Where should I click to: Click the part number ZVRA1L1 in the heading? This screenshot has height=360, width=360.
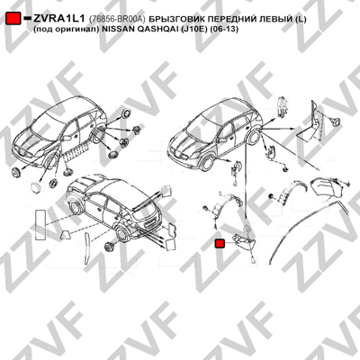[x=59, y=19]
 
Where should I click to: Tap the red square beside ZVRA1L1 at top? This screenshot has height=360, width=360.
[x=13, y=19]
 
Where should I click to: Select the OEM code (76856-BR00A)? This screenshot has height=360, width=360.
[x=117, y=19]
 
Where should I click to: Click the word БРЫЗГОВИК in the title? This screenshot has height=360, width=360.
[x=172, y=19]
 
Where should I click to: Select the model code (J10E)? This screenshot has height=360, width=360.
[x=194, y=30]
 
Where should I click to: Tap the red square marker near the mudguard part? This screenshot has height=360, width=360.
[x=220, y=244]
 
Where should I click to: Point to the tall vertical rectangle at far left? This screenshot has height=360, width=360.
[x=40, y=225]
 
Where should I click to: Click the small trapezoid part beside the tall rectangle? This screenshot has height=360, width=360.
[x=66, y=235]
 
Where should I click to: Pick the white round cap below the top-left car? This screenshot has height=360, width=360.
[x=35, y=186]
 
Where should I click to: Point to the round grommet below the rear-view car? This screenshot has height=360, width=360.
[x=108, y=246]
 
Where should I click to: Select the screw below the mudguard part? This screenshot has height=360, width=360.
[x=254, y=259]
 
